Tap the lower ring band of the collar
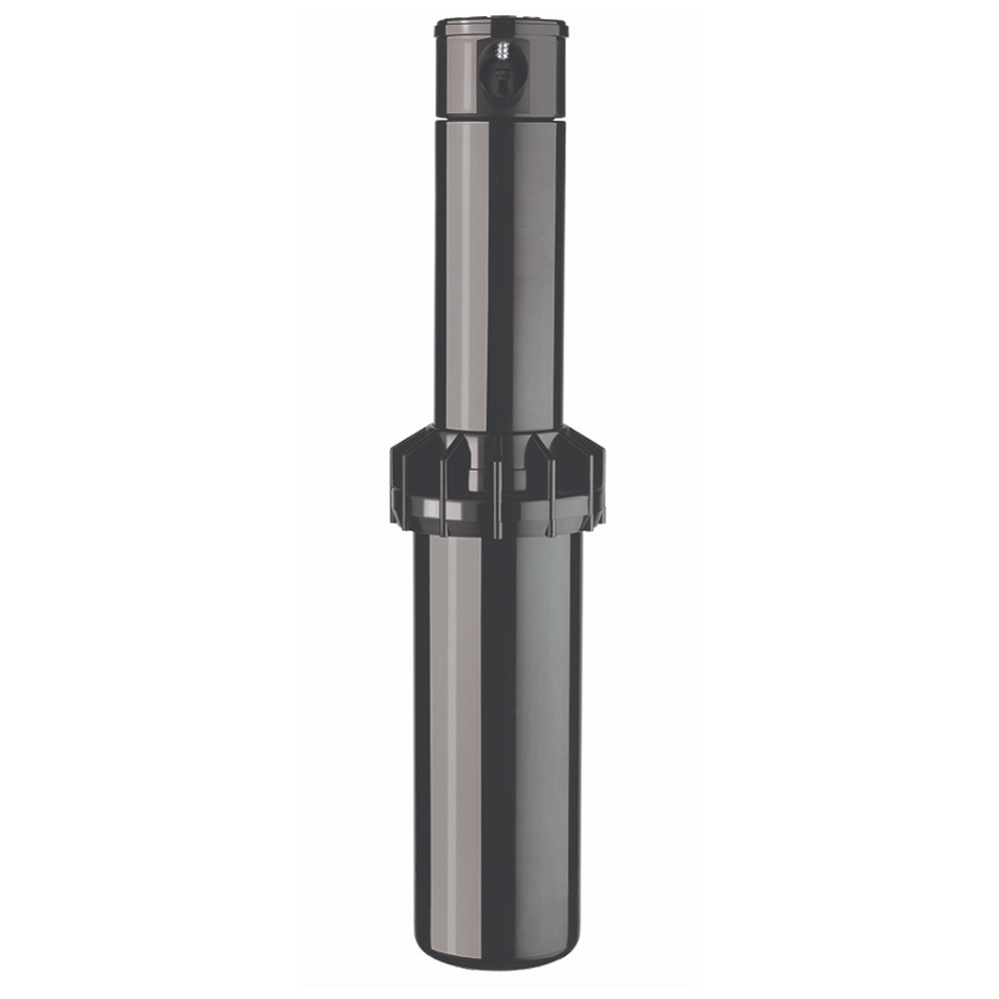pyautogui.click(x=499, y=514)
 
